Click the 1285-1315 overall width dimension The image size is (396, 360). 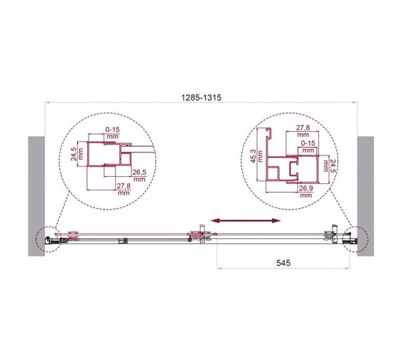click(x=201, y=98)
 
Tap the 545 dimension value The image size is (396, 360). click(x=283, y=263)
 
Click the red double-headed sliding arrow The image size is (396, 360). click(x=245, y=221)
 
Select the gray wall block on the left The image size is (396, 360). click(x=36, y=196)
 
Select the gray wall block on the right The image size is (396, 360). click(x=365, y=196)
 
